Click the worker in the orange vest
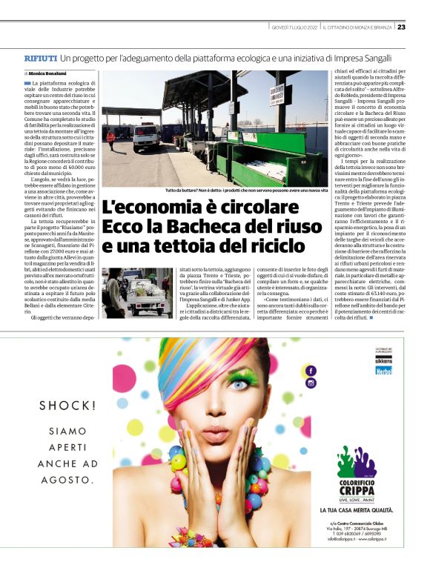point(111,138)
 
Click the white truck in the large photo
point(146,136)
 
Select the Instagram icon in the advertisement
point(311,383)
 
